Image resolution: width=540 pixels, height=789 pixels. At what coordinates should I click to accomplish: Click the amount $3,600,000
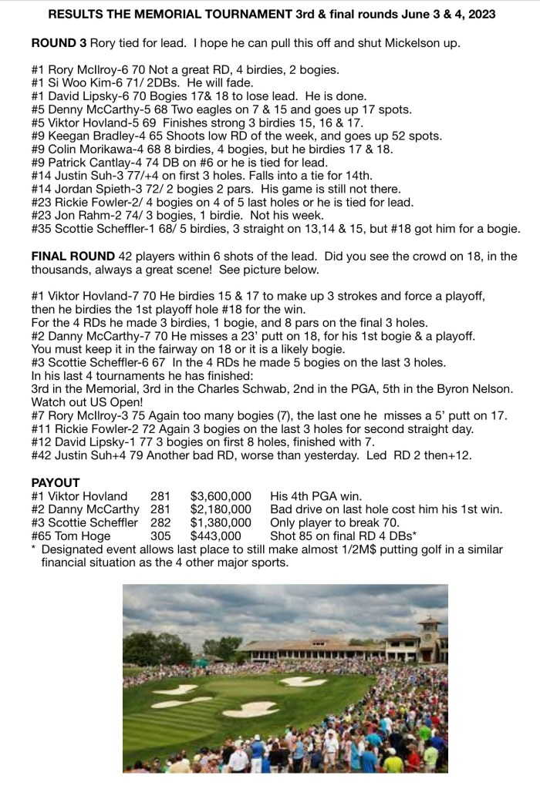pyautogui.click(x=221, y=496)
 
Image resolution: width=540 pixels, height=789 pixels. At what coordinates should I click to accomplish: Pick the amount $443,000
pyautogui.click(x=216, y=536)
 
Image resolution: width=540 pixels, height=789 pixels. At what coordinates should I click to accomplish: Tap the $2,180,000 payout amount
pyautogui.click(x=221, y=509)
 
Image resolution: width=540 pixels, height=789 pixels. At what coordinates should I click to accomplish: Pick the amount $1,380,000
pyautogui.click(x=221, y=522)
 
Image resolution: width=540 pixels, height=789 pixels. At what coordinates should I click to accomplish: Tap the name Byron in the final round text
pyautogui.click(x=449, y=389)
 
